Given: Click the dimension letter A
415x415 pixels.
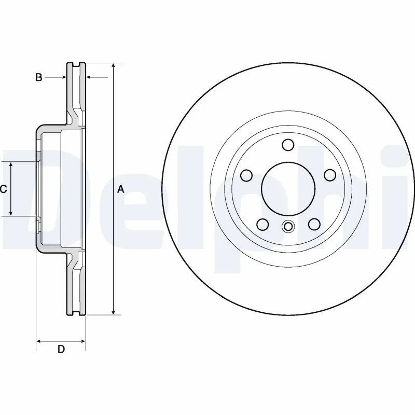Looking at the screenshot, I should (121, 190).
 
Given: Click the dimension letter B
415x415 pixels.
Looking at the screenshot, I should (38, 77).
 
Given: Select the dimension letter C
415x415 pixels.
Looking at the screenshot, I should (3, 189).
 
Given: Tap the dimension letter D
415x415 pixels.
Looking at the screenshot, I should (61, 349).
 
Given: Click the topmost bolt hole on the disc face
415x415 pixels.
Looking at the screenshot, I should (288, 145).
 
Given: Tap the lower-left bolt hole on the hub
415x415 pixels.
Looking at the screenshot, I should (263, 224).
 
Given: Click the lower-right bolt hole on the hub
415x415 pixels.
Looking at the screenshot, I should (313, 224).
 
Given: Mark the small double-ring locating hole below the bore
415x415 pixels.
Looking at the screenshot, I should (288, 226).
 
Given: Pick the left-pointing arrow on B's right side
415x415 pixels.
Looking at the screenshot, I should (89, 77).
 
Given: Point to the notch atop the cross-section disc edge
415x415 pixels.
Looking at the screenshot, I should (76, 64).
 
